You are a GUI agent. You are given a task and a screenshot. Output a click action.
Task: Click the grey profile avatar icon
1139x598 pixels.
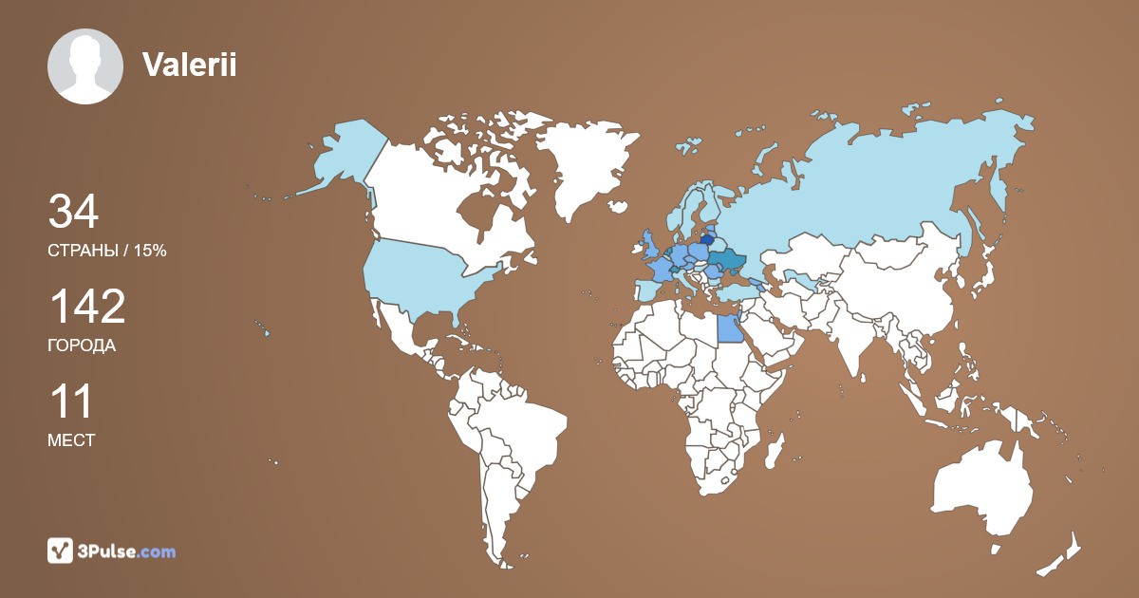coord(85,66)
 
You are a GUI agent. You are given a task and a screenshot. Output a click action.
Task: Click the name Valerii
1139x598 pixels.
coord(189,65)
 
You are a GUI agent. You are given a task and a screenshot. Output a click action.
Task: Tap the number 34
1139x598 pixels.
coord(73,212)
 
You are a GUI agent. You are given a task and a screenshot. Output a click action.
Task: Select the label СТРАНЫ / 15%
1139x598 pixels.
coord(107,251)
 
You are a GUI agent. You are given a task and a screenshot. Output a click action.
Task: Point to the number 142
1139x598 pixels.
coord(86,307)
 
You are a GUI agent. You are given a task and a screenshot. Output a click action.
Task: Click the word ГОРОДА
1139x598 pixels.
coord(82,346)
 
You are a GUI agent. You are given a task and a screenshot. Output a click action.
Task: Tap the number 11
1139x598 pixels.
coord(70,402)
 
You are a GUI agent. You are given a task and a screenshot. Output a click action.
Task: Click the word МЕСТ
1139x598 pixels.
coord(71,440)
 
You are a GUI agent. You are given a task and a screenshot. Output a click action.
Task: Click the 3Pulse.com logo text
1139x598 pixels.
coord(126,551)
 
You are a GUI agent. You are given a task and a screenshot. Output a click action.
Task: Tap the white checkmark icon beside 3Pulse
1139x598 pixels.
coord(60,551)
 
